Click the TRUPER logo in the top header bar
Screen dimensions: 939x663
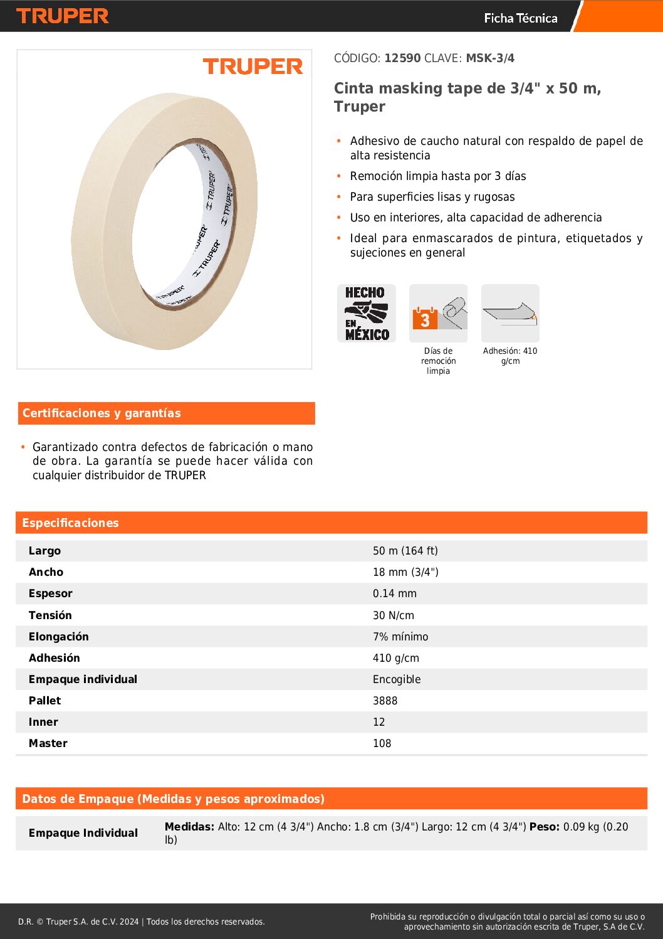[63, 16]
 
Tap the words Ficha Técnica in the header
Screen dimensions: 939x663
[520, 18]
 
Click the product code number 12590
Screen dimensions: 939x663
[402, 58]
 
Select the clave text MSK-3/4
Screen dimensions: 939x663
[490, 58]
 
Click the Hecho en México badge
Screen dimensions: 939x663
[367, 313]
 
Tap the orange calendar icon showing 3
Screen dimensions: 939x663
[425, 319]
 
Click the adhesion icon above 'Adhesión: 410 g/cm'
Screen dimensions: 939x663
[510, 313]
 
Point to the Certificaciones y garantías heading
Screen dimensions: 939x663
[102, 413]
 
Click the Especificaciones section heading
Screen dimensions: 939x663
[70, 523]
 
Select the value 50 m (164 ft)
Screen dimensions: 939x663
[405, 551]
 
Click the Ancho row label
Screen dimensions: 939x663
[46, 572]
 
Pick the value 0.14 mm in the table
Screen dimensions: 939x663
[394, 593]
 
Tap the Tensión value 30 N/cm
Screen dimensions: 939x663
[393, 615]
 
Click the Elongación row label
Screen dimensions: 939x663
[58, 637]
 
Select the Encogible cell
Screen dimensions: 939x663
[396, 679]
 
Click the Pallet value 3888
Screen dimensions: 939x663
[385, 701]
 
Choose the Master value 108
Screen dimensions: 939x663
[382, 743]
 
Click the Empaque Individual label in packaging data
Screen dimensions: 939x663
[83, 833]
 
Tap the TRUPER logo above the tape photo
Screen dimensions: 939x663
[253, 66]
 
